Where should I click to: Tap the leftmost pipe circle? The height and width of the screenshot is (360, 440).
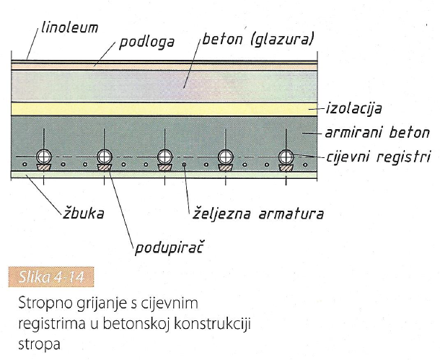(x=44, y=156)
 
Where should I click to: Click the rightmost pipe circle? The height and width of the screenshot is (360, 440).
(x=286, y=156)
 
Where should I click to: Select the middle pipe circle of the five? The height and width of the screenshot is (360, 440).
(x=166, y=156)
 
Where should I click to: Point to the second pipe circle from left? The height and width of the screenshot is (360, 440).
(x=105, y=156)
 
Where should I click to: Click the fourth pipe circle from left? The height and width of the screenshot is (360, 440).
(x=226, y=156)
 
